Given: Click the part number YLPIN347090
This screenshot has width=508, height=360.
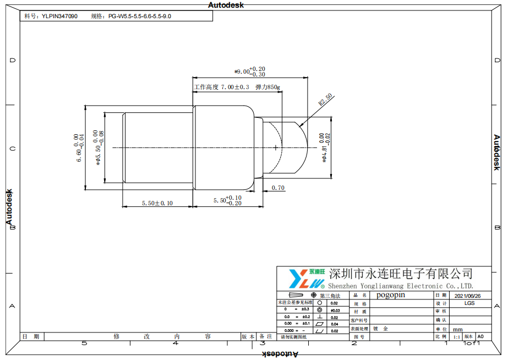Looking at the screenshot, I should click(x=59, y=17).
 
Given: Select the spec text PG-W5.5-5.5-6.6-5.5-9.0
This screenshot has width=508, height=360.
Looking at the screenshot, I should click(x=139, y=17).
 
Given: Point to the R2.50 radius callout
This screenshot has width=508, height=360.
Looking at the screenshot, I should click(x=325, y=100).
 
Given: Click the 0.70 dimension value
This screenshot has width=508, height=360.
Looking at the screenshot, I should click(x=278, y=188).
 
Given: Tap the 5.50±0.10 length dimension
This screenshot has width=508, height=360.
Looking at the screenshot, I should click(x=157, y=203).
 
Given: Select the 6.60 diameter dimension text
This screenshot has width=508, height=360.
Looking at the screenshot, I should click(x=79, y=148).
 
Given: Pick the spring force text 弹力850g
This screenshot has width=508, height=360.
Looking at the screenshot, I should click(x=267, y=87).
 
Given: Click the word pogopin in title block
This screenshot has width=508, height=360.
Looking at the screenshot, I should click(x=391, y=295).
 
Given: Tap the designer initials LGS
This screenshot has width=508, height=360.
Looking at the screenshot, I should click(x=469, y=303).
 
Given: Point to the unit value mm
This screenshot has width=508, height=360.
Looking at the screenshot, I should click(x=457, y=329).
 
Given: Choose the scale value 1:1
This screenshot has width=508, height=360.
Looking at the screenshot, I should click(x=457, y=336).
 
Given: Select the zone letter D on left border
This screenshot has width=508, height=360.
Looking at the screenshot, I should click(x=12, y=60).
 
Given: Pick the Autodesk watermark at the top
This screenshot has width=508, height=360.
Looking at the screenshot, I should click(x=227, y=5).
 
